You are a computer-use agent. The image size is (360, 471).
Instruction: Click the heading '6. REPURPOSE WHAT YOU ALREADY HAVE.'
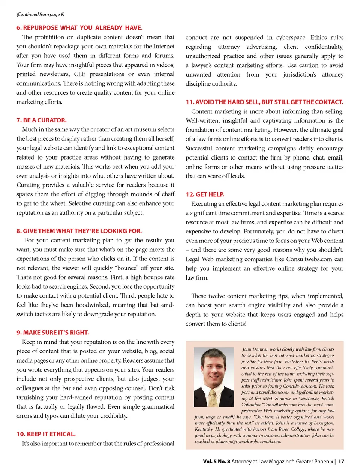[x=79, y=28]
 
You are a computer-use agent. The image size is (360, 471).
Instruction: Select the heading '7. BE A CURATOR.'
[x=42, y=120]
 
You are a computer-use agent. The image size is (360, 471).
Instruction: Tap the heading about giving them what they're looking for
[x=79, y=231]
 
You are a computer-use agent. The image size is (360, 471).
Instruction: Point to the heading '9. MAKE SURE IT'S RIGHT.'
[x=53, y=333]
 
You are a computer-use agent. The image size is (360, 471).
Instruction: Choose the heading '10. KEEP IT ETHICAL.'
[x=46, y=434]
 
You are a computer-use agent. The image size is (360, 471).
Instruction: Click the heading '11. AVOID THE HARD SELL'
[x=264, y=102]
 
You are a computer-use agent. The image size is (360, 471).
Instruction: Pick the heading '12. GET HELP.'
[x=205, y=194]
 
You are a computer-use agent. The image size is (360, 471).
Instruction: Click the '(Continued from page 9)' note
[x=40, y=14]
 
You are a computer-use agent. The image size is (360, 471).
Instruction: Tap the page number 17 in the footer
[x=341, y=462]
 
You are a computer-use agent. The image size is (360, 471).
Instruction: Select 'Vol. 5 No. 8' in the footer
[x=217, y=462]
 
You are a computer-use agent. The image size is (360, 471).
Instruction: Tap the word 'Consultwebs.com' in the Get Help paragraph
[x=309, y=259]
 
